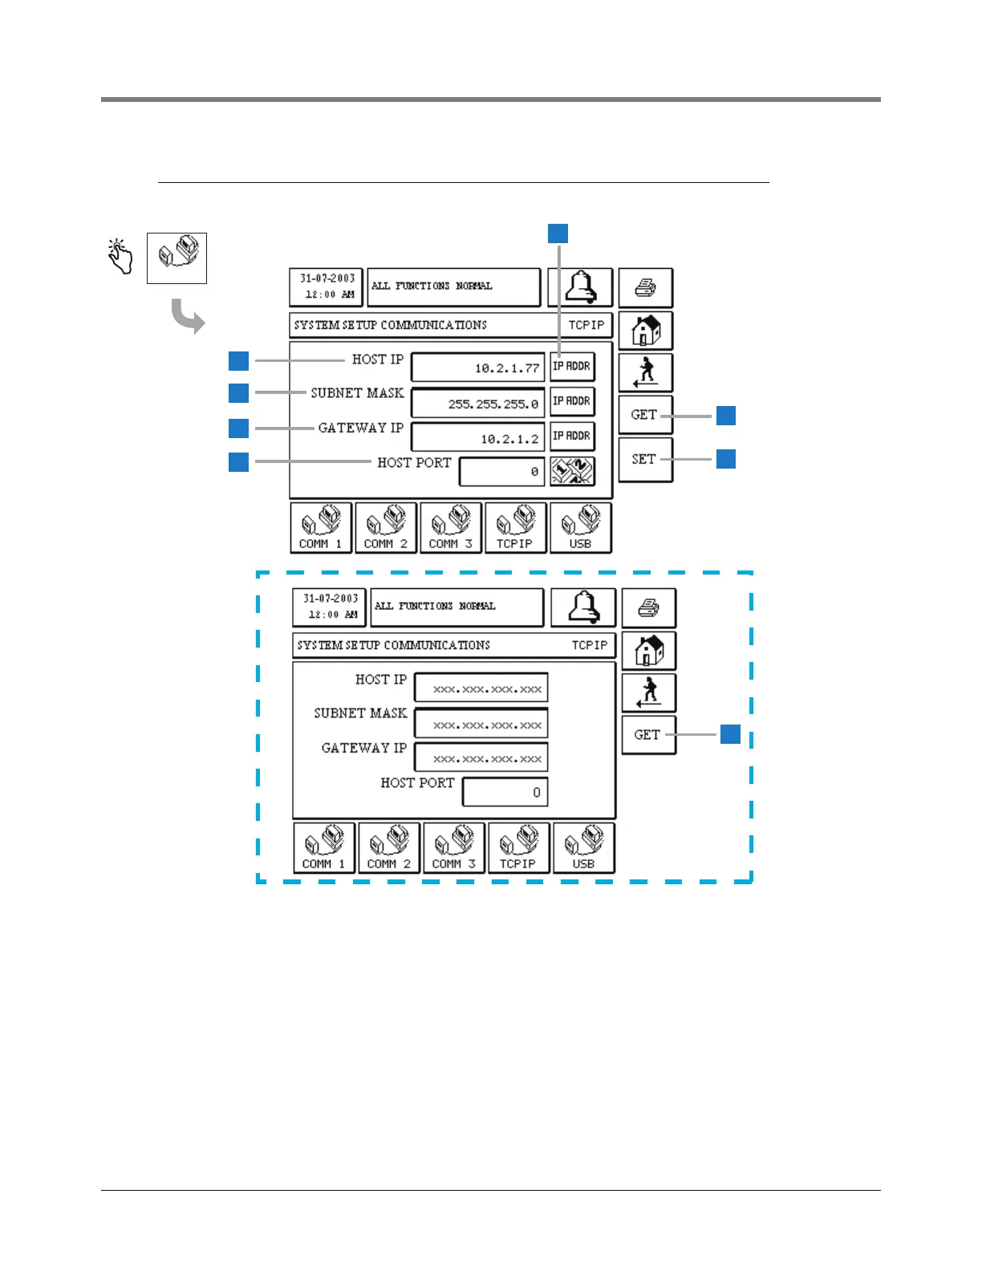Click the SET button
(645, 460)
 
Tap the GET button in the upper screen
(645, 415)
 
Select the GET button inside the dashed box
(648, 735)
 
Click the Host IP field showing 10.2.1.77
(478, 368)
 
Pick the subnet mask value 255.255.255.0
(478, 404)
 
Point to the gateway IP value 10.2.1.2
(478, 439)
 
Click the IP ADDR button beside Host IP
(572, 367)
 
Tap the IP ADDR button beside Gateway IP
(572, 437)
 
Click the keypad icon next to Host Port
(572, 471)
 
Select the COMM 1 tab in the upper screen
(321, 528)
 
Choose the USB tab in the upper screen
(581, 528)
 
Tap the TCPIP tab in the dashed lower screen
(518, 848)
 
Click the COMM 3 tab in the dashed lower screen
(453, 848)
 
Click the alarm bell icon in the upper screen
(581, 287)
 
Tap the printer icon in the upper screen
(646, 287)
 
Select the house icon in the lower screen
(649, 650)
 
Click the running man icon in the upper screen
(646, 373)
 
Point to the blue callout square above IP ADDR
(558, 233)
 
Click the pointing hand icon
(120, 256)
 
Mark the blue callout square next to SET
(726, 459)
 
